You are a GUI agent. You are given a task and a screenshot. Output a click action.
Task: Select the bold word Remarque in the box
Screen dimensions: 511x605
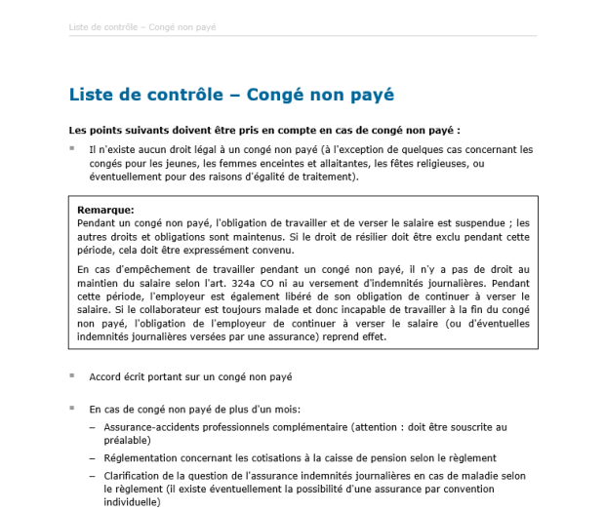105,210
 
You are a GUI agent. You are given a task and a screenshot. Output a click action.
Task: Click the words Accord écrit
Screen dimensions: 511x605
119,376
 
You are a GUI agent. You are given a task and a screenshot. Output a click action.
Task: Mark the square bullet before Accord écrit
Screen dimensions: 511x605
71,375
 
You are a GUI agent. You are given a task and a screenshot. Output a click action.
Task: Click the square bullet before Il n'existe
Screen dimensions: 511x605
71,148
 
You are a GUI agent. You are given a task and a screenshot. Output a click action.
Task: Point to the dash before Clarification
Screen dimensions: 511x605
93,475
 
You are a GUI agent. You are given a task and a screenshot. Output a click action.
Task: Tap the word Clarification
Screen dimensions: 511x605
133,475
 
